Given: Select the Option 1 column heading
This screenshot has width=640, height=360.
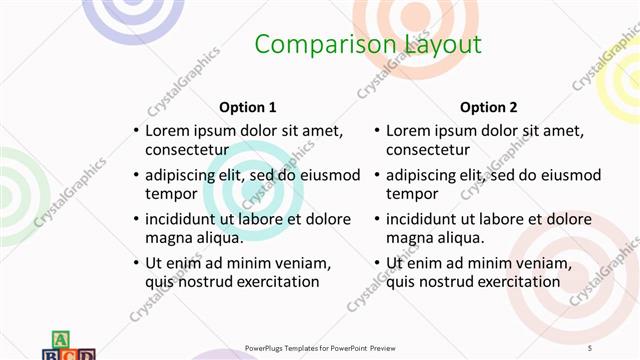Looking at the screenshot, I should coord(247,107).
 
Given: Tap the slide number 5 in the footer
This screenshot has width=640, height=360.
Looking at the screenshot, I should coord(589,347).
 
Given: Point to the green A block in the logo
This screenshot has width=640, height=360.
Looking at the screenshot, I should coord(60,339).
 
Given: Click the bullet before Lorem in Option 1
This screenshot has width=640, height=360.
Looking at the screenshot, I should coord(135,131).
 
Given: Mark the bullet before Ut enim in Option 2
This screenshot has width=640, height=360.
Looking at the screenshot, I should coord(377,263).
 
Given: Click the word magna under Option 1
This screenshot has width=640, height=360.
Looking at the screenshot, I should coord(168,238).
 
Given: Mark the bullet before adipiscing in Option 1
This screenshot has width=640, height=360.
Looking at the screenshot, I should coord(135,175).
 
